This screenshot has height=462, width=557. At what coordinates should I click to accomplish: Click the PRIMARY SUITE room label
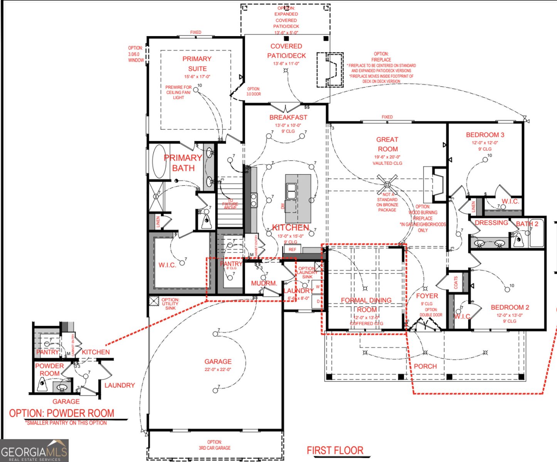(197, 64)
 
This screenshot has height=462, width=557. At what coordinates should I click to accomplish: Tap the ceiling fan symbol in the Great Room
(387, 184)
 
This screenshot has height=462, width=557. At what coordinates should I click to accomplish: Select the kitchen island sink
(291, 191)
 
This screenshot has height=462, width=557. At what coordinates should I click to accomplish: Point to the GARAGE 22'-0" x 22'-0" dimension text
(218, 369)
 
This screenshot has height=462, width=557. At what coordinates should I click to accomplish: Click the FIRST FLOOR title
(335, 450)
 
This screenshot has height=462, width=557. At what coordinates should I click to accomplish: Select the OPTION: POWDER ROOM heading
(62, 413)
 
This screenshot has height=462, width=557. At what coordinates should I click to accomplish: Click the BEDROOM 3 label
(485, 135)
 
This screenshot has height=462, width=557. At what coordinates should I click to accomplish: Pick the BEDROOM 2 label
(510, 307)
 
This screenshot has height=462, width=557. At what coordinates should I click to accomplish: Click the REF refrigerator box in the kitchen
(293, 249)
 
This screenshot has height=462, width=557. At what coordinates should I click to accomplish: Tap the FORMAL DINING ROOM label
(366, 305)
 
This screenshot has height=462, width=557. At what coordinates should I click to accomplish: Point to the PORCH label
(425, 366)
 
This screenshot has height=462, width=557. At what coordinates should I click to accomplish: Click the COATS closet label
(456, 282)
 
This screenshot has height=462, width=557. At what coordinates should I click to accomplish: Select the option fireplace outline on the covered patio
(330, 70)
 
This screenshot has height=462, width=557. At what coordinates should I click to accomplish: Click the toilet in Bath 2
(518, 239)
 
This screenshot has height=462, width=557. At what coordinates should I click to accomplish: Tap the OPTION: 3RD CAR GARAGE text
(214, 445)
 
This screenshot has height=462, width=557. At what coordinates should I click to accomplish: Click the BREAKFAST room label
(288, 117)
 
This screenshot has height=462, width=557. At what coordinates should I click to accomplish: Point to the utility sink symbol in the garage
(154, 301)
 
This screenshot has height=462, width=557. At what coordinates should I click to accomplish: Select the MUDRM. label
(264, 283)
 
